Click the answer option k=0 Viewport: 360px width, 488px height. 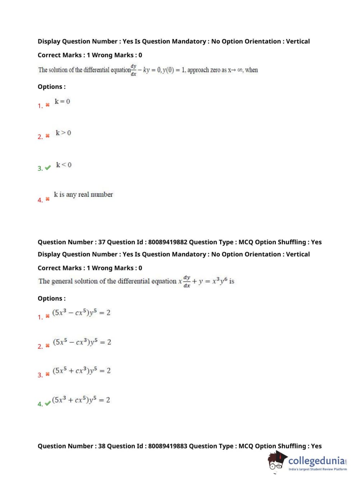point(62,101)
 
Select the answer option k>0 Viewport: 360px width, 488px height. point(63,133)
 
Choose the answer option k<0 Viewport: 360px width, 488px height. point(64,165)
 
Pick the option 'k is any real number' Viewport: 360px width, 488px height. point(83,195)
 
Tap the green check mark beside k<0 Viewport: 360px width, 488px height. point(47,168)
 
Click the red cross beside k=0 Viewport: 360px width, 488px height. point(47,105)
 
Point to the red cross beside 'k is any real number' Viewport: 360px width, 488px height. point(47,199)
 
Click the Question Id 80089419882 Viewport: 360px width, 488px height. point(168,242)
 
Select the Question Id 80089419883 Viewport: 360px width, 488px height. point(168,446)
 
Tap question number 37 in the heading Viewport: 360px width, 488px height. point(102,242)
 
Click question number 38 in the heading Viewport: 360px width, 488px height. point(102,446)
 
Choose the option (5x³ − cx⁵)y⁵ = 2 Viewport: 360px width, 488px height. point(81,312)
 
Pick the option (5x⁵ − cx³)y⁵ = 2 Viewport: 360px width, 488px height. point(82,342)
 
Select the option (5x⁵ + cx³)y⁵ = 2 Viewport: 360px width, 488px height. point(82,371)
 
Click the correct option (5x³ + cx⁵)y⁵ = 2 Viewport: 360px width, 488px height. point(81,400)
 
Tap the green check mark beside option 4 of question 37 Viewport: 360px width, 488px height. point(48,403)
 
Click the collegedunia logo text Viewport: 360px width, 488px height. point(316,461)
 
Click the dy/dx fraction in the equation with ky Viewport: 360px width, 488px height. point(133,70)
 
